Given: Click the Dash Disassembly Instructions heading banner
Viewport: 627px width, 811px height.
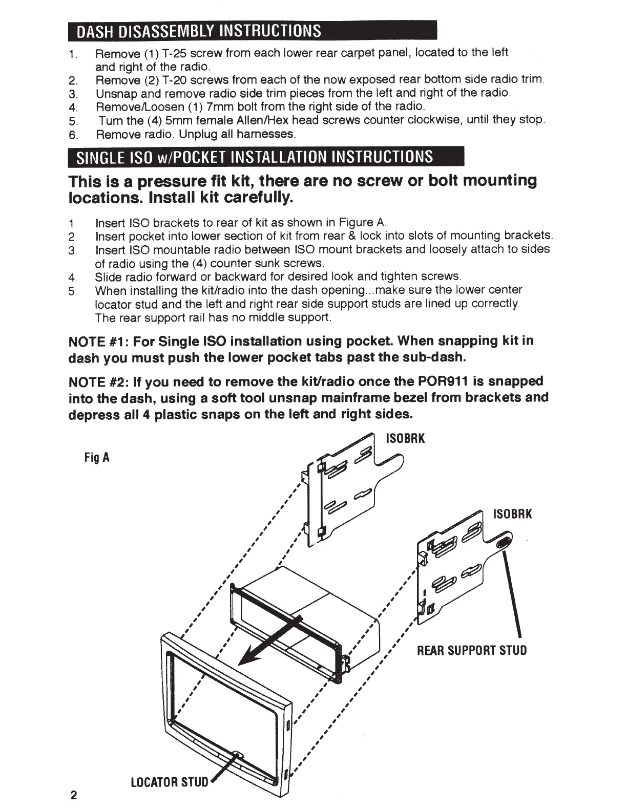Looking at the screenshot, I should [x=252, y=31].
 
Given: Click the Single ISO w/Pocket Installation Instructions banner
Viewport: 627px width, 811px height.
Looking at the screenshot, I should [x=265, y=156].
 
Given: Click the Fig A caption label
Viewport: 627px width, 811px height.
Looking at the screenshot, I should [x=97, y=457].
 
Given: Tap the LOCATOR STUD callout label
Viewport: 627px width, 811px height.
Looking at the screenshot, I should [x=170, y=782].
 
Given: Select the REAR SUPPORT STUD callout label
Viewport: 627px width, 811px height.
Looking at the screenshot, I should [x=472, y=651].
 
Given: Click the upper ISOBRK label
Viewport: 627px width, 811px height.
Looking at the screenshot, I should [x=405, y=439].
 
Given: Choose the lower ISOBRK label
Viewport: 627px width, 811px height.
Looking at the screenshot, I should [x=512, y=514].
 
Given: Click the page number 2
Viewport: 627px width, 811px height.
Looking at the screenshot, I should [x=74, y=796].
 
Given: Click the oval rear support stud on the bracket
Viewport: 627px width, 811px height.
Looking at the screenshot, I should [x=504, y=542].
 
